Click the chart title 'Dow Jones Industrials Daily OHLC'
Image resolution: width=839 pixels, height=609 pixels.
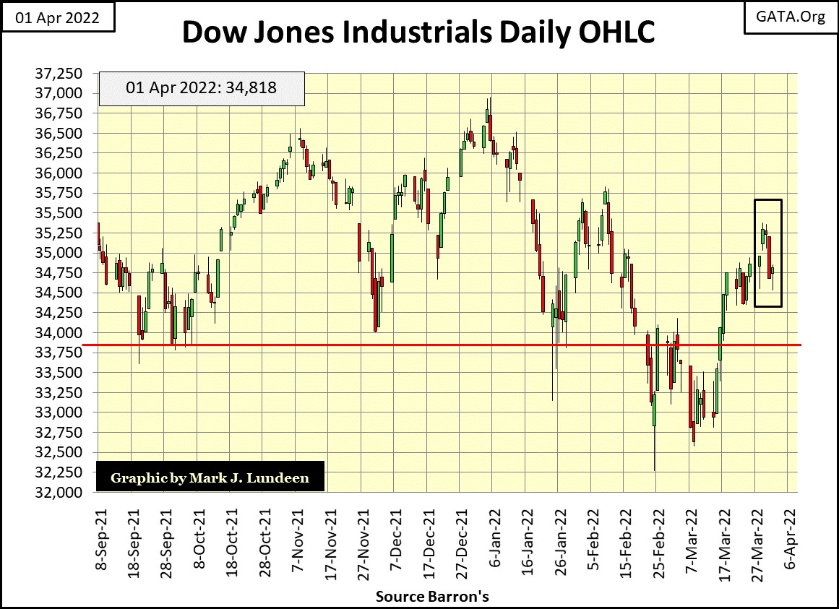(x=418, y=33)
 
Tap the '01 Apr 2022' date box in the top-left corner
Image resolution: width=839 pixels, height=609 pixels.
(x=58, y=17)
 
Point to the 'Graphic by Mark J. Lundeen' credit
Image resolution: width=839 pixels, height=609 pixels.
(x=210, y=478)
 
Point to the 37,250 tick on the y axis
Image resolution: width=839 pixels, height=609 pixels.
(x=63, y=74)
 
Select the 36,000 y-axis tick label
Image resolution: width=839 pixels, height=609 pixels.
(x=63, y=173)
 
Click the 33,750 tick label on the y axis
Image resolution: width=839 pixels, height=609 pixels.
(x=63, y=353)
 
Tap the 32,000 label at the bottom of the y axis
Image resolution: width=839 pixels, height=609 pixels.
(x=63, y=492)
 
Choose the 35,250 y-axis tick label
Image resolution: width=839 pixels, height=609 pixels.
(x=63, y=233)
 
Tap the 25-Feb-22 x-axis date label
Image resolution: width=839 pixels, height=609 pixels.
(x=659, y=535)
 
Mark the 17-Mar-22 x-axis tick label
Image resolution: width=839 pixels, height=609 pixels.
(x=725, y=535)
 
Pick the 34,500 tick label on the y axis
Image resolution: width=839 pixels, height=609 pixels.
(x=63, y=293)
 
